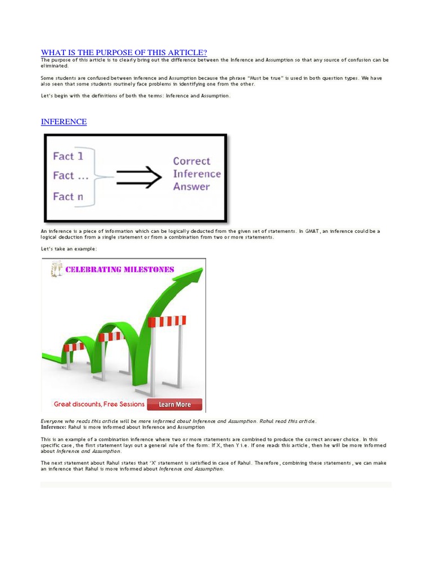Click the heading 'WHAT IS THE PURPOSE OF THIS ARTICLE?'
(x=124, y=52)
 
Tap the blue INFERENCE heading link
(x=64, y=121)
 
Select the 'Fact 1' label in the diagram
(x=68, y=156)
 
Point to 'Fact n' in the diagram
(x=68, y=196)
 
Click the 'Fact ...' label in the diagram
(x=71, y=175)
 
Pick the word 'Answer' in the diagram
(x=191, y=187)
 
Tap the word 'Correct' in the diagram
(x=191, y=161)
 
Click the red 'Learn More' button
(x=174, y=404)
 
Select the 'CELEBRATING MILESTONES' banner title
(x=120, y=269)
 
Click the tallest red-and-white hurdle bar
(x=167, y=321)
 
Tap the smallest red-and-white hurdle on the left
(x=74, y=347)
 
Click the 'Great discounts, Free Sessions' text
(x=99, y=404)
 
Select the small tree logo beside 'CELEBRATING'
(x=56, y=269)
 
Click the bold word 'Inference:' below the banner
(x=53, y=427)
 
